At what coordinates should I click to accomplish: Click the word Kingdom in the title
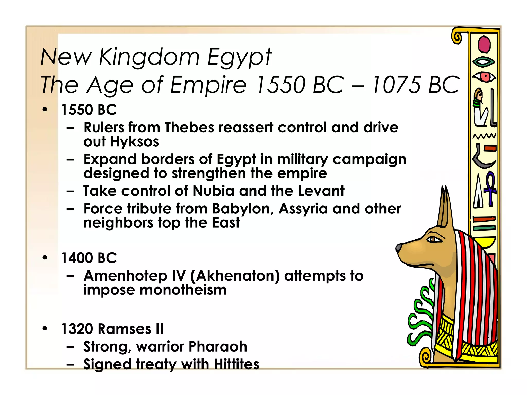tap(149, 57)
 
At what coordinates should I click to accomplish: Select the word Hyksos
tap(135, 142)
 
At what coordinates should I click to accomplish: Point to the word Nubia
tap(214, 191)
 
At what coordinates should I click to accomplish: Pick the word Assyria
tap(303, 209)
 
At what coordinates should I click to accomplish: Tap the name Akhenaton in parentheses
tap(235, 276)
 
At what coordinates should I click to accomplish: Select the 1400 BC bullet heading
tap(89, 258)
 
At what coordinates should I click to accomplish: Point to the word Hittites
tap(236, 364)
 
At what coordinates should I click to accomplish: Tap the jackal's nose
tap(399, 248)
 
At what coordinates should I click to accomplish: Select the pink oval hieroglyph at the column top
tap(484, 44)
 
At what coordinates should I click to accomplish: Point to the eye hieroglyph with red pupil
tap(485, 77)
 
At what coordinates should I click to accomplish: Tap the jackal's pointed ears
tap(445, 206)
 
